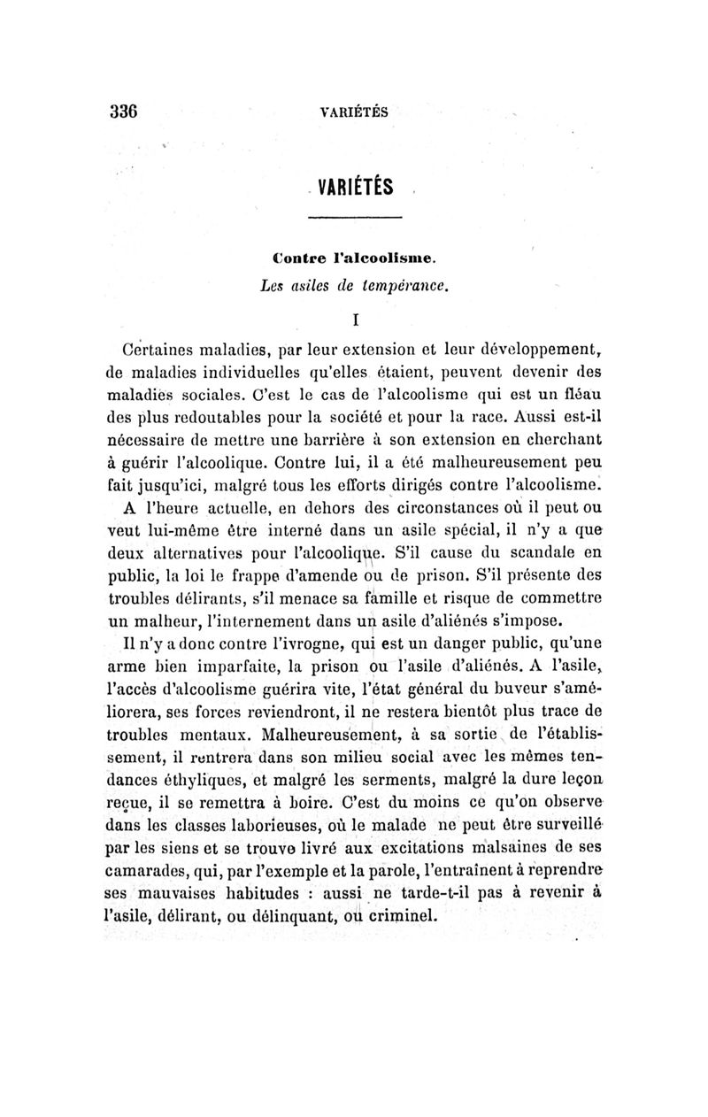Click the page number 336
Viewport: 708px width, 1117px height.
pos(126,112)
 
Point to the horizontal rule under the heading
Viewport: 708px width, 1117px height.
pos(356,219)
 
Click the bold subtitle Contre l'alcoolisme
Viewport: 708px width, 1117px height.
pos(354,260)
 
